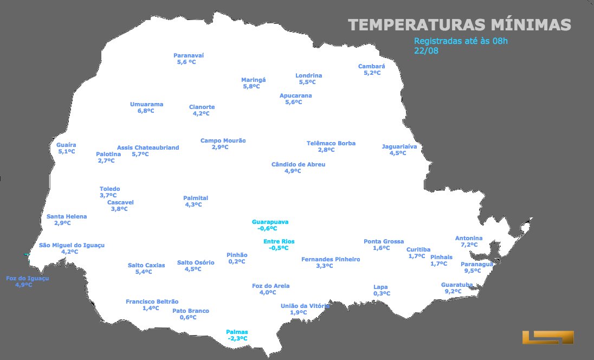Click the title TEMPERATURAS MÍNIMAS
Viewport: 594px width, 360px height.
(459, 25)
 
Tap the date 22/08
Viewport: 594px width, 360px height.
(426, 51)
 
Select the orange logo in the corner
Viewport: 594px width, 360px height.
(547, 337)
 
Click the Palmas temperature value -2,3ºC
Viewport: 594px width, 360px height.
(237, 339)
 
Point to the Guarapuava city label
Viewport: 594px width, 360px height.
(270, 222)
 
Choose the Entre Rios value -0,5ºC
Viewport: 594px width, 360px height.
(279, 248)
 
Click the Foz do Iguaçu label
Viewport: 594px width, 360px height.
(27, 278)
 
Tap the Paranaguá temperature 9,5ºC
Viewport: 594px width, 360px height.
(473, 271)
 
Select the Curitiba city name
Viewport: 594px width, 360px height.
(418, 249)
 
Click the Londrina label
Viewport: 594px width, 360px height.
(308, 75)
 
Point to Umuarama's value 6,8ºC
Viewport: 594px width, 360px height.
(145, 111)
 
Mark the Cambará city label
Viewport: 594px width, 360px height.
(371, 66)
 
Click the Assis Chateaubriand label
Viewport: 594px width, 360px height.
(148, 147)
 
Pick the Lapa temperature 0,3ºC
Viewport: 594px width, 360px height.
(382, 294)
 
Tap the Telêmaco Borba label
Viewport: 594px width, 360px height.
(331, 143)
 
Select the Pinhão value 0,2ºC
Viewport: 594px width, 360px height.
(236, 261)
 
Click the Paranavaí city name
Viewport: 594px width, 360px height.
(188, 55)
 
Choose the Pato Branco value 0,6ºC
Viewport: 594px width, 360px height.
(188, 318)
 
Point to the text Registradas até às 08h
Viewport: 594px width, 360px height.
(461, 41)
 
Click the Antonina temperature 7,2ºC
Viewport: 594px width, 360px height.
(469, 245)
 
